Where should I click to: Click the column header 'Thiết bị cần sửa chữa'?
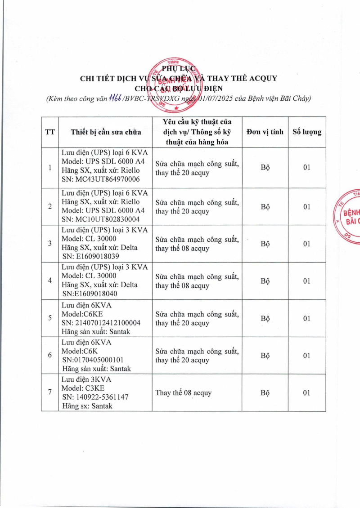[x=106, y=132]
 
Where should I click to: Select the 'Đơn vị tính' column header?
[x=265, y=132]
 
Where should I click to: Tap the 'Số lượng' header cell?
[x=307, y=132]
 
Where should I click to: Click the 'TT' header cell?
[x=50, y=132]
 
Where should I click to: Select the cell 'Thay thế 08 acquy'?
[x=183, y=392]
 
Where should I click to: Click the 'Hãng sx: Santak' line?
[x=87, y=406]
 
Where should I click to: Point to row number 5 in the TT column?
[x=50, y=318]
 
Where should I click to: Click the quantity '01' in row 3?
[x=307, y=244]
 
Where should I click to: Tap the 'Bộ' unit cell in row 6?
[x=265, y=355]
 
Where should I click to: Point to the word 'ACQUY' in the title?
[x=261, y=78]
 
